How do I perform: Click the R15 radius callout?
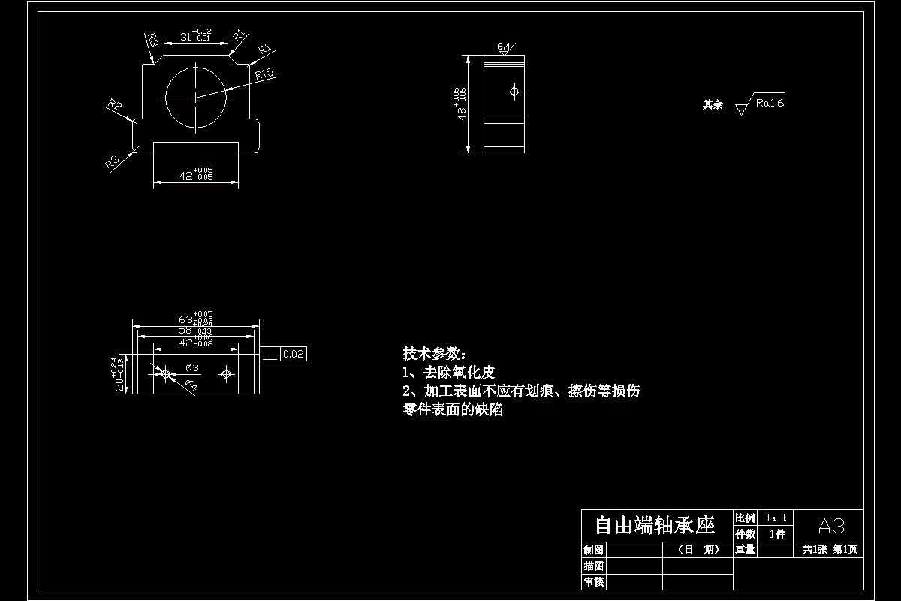pos(266,74)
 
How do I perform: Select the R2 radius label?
pos(115,105)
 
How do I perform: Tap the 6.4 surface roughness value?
pos(504,47)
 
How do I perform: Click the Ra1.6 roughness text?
pos(770,103)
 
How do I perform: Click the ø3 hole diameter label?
pos(191,367)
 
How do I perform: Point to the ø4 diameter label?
pos(190,385)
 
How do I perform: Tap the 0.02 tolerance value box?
pos(294,354)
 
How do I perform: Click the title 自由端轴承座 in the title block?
pos(655,524)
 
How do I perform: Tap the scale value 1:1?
pos(776,518)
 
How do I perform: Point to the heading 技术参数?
pos(434,353)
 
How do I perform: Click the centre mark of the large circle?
pos(195,97)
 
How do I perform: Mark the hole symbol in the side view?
pos(514,92)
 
